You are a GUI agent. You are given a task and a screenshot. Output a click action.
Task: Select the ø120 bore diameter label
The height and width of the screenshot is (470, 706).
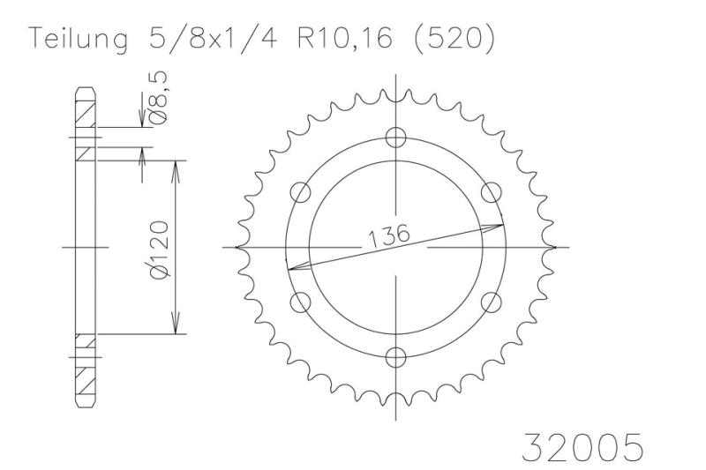click(x=161, y=250)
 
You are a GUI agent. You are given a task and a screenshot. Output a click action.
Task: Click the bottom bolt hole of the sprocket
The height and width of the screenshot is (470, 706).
click(x=397, y=357)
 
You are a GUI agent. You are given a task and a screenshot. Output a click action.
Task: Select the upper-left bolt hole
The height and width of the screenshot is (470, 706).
click(x=301, y=192)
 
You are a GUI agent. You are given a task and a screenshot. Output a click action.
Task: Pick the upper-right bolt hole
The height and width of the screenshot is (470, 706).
click(x=492, y=192)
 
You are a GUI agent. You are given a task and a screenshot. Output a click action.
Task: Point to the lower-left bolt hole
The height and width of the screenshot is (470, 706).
click(x=301, y=302)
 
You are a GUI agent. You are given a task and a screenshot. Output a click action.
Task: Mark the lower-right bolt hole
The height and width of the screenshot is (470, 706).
click(x=492, y=302)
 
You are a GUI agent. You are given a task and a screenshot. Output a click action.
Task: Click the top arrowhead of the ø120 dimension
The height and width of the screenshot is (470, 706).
click(x=177, y=168)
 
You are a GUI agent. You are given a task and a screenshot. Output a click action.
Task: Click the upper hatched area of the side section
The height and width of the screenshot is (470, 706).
click(x=85, y=115)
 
